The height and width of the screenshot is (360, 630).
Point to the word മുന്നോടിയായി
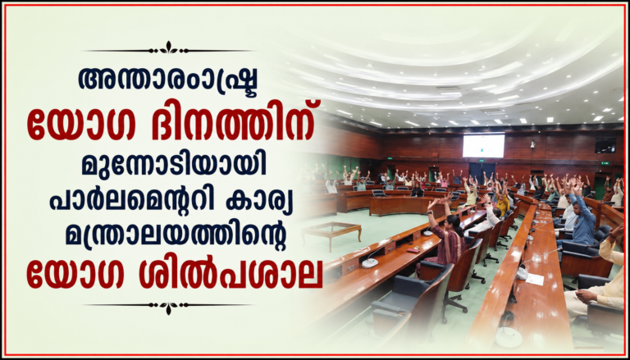coord(174,165)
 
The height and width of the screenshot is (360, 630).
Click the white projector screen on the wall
coord(483,146)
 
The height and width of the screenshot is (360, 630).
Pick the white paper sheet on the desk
coord(535,280)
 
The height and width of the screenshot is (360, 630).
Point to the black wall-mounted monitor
coord(605,145)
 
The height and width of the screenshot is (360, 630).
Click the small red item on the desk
coord(413,250)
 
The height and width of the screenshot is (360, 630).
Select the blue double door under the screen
coord(477,171)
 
